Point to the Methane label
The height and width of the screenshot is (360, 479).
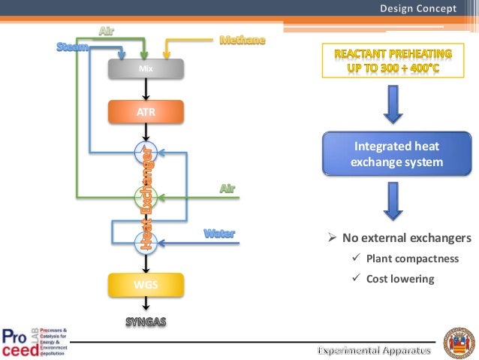click(242, 40)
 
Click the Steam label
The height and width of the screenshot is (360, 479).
click(74, 48)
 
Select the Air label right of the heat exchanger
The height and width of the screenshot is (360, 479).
click(227, 187)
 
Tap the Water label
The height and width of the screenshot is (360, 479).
click(220, 234)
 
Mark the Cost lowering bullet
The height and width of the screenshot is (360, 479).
click(400, 279)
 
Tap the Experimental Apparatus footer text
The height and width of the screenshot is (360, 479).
click(375, 350)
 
